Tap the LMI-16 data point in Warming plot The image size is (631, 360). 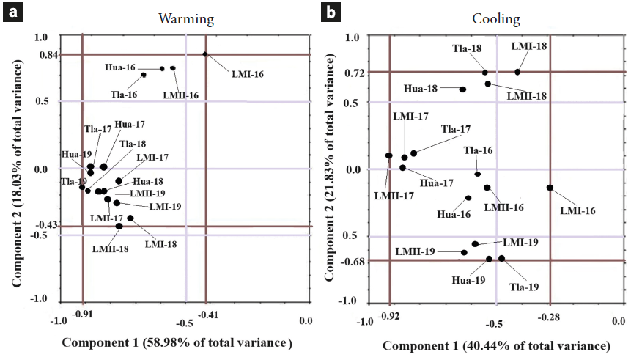(206, 54)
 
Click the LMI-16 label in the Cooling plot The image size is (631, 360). (578, 210)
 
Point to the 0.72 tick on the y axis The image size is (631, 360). (355, 72)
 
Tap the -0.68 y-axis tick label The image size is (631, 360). (354, 260)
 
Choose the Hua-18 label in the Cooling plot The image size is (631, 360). (421, 89)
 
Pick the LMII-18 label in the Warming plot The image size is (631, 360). (111, 249)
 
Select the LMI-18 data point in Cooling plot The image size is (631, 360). (517, 72)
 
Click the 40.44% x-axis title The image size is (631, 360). (496, 345)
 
